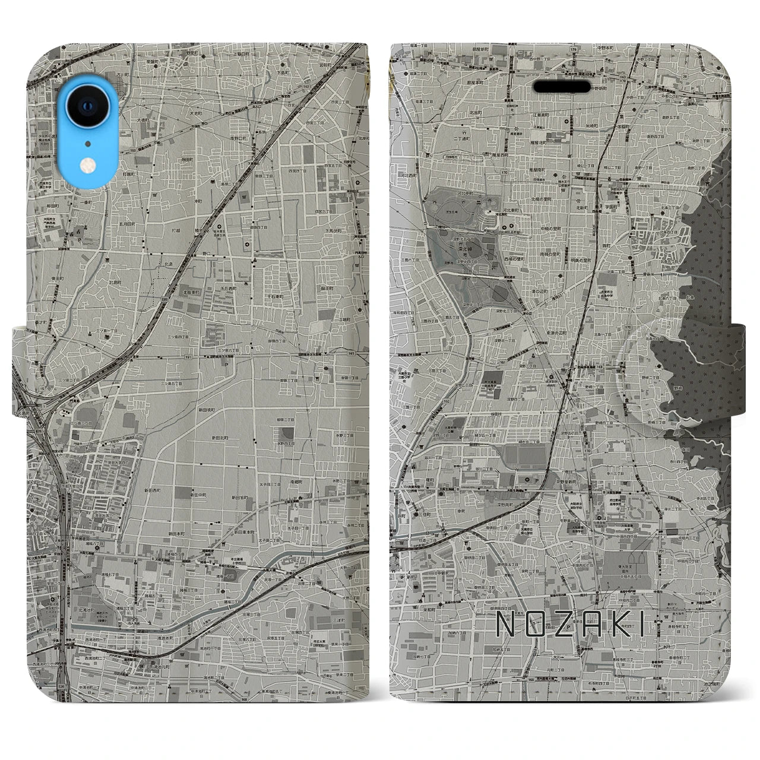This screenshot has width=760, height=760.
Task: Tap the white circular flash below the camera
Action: [88, 166]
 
